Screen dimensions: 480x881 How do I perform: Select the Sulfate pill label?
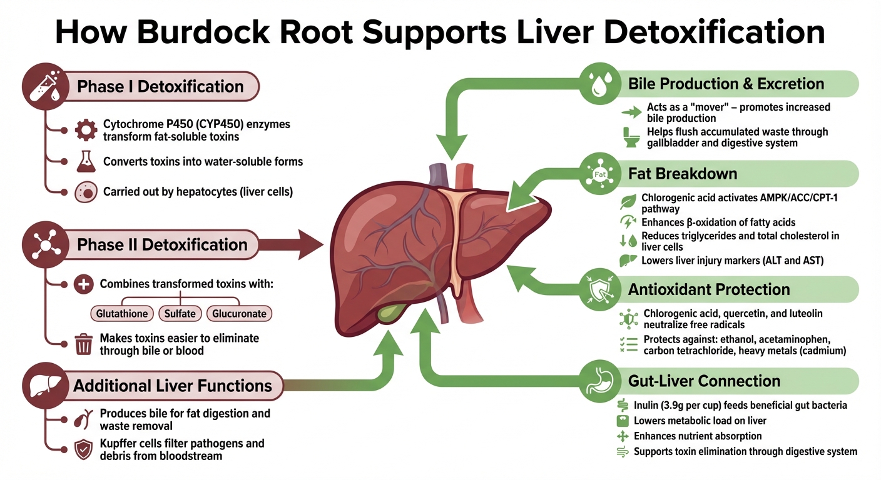pos(180,313)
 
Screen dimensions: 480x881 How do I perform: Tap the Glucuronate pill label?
pos(239,313)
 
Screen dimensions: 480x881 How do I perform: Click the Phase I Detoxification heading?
pos(160,86)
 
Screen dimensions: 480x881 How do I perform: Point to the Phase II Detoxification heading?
pos(162,244)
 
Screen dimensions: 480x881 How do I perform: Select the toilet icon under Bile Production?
pos(630,137)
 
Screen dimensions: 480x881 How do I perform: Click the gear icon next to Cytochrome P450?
pos(84,130)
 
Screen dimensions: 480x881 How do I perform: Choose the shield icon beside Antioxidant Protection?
pos(601,290)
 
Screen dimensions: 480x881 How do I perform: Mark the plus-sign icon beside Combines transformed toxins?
pos(83,284)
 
